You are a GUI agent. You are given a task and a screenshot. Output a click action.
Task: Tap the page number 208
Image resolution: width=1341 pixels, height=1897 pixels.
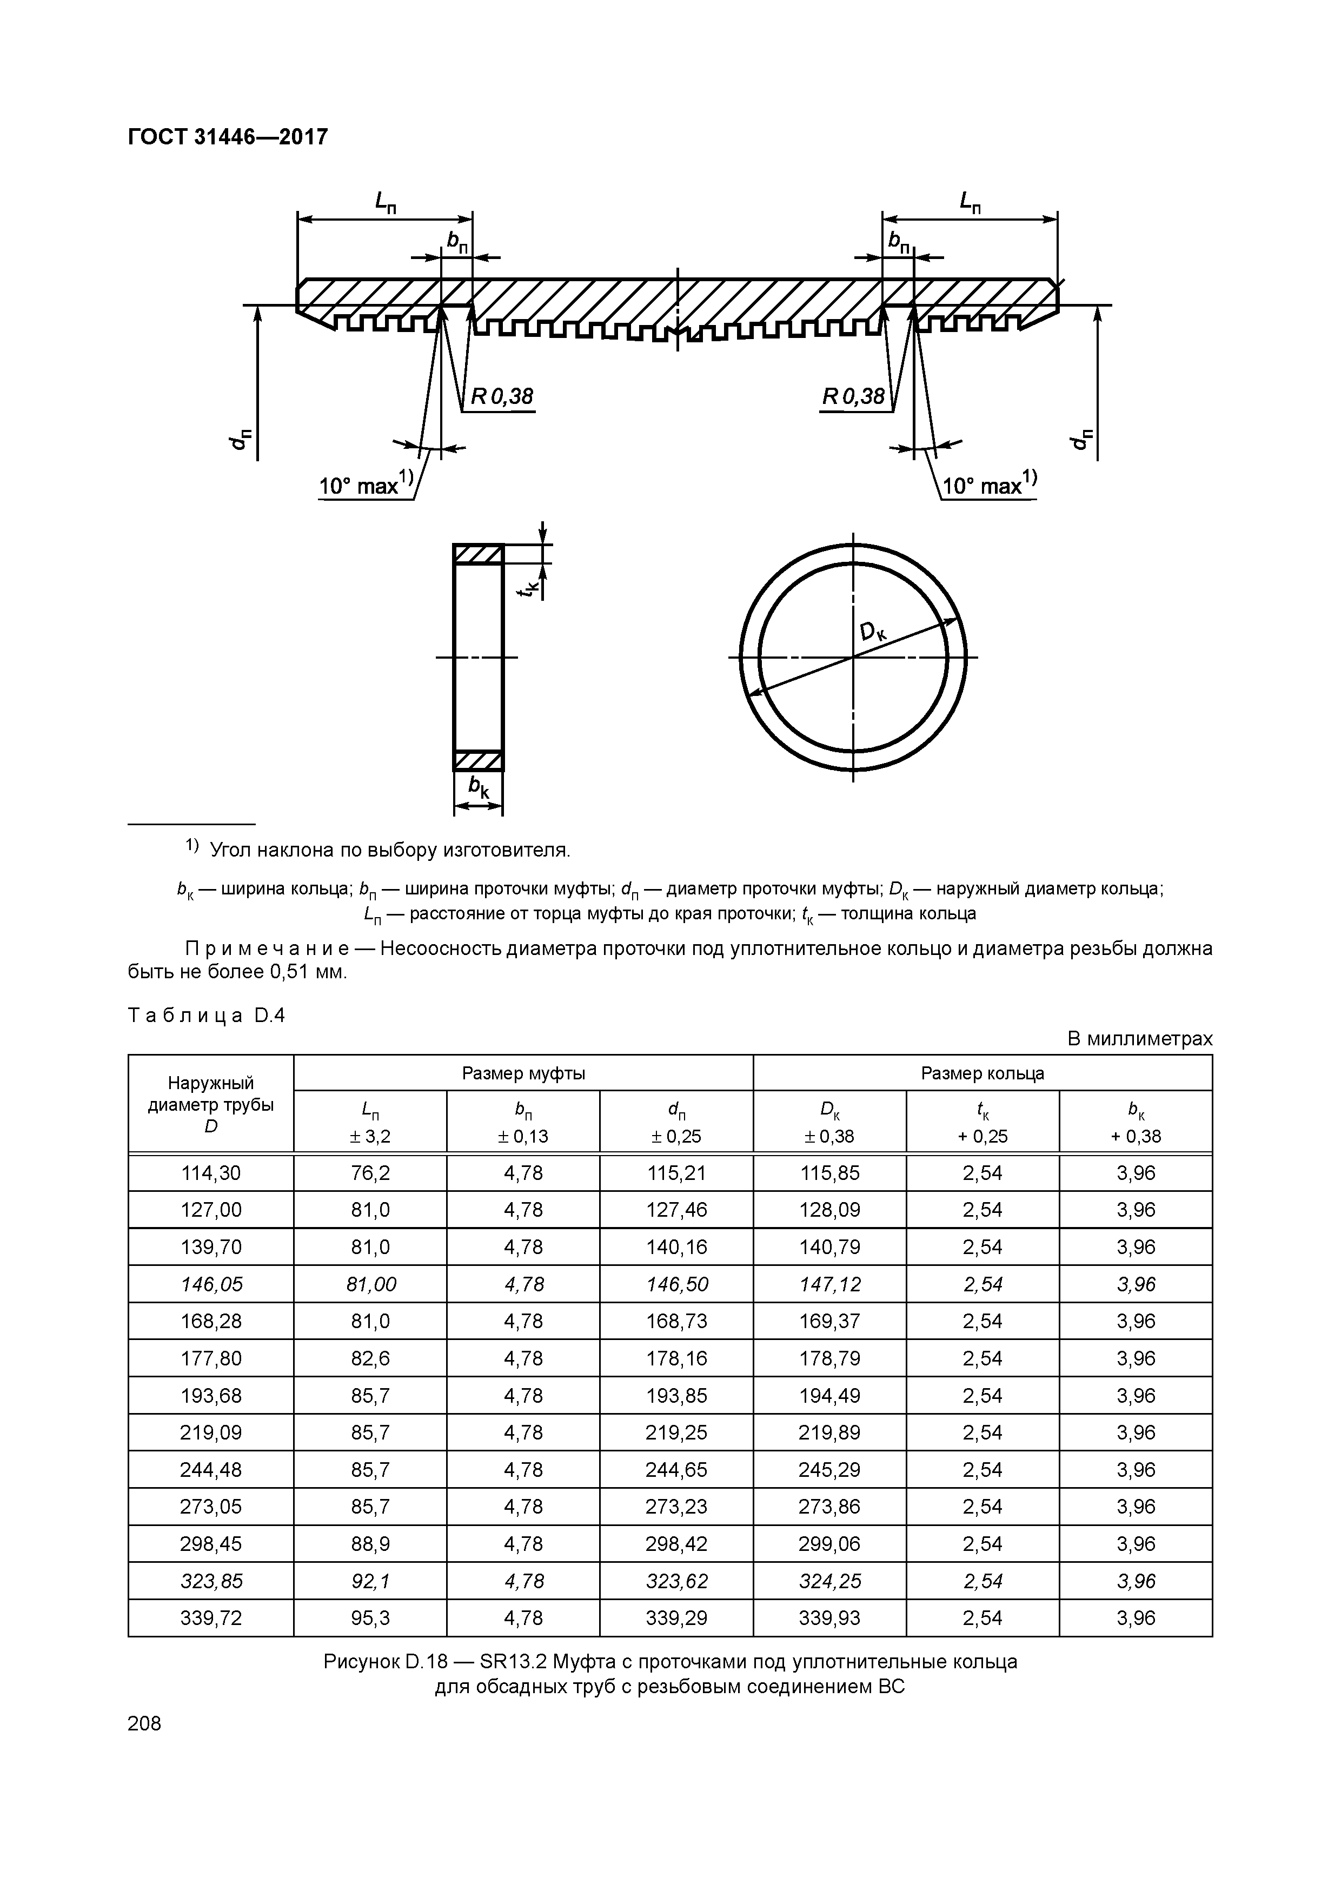tap(144, 1723)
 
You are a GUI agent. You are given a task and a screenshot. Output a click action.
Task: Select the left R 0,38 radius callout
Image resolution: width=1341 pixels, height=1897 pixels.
tap(502, 398)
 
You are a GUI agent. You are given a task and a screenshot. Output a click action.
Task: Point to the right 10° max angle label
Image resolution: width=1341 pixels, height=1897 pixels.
tap(989, 485)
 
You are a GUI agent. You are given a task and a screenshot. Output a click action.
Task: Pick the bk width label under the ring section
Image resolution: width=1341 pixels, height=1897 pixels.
tap(479, 787)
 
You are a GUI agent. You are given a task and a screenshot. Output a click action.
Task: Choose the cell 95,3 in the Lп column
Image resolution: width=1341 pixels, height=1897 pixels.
tap(370, 1619)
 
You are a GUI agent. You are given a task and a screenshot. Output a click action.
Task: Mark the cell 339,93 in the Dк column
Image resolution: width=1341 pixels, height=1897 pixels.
tap(829, 1619)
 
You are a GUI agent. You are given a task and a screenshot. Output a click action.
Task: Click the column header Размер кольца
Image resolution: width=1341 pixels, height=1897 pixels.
tap(982, 1073)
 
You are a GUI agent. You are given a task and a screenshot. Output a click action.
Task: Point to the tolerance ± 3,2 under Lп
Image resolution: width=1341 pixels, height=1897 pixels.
tap(370, 1137)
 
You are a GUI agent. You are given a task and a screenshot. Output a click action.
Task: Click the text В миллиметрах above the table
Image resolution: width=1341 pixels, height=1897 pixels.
tap(1139, 1039)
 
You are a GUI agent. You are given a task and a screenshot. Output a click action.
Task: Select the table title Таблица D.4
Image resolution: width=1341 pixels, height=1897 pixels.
tap(207, 1016)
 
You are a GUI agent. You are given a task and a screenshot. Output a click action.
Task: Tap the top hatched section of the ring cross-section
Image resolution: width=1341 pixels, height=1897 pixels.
tap(479, 554)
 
